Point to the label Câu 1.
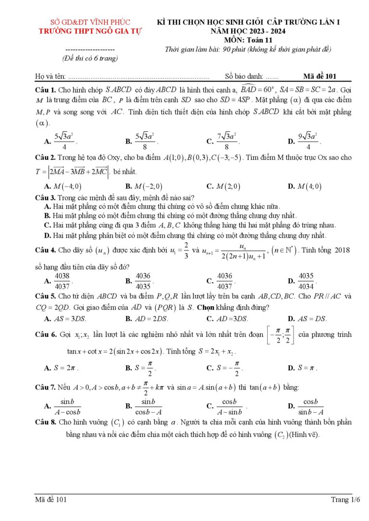point(46,90)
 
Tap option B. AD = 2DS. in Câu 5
point(147,319)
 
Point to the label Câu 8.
point(46,423)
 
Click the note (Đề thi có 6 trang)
point(90,58)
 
